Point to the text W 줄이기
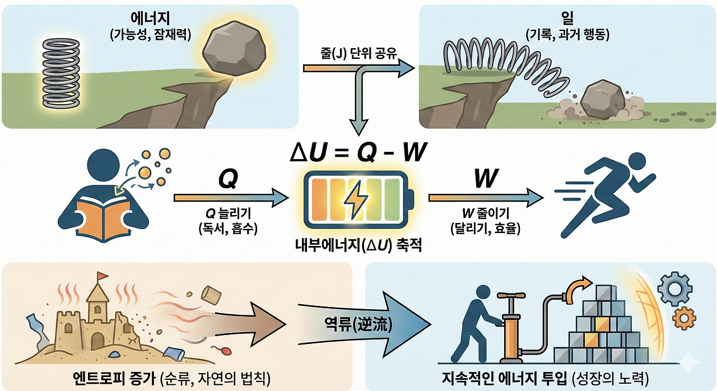(x=485, y=215)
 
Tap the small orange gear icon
(x=685, y=318)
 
